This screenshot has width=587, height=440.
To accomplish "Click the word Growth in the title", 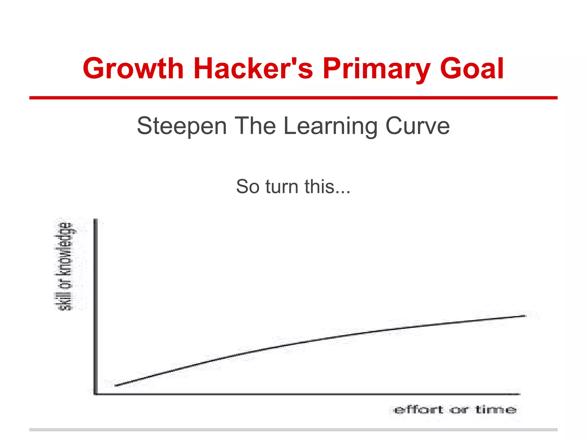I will [x=133, y=69].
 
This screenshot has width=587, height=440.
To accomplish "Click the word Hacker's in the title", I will [x=253, y=69].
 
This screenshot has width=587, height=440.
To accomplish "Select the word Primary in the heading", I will [x=376, y=69].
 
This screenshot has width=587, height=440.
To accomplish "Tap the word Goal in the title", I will [x=472, y=69].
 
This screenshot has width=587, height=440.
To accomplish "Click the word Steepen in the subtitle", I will [x=182, y=126].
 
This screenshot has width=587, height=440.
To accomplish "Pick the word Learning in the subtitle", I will [x=330, y=126].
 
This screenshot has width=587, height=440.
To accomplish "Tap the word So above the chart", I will [x=248, y=187].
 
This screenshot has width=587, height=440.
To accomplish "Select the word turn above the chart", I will [x=282, y=187].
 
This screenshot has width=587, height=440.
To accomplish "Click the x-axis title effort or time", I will [x=455, y=410].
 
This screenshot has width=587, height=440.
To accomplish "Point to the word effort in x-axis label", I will [x=418, y=410].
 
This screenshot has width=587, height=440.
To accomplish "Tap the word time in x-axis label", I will [x=496, y=410].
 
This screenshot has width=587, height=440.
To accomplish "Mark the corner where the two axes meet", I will [x=96, y=394].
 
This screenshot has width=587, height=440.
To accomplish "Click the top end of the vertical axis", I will [x=96, y=220].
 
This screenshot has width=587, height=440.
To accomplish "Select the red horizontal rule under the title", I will [x=293, y=98].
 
